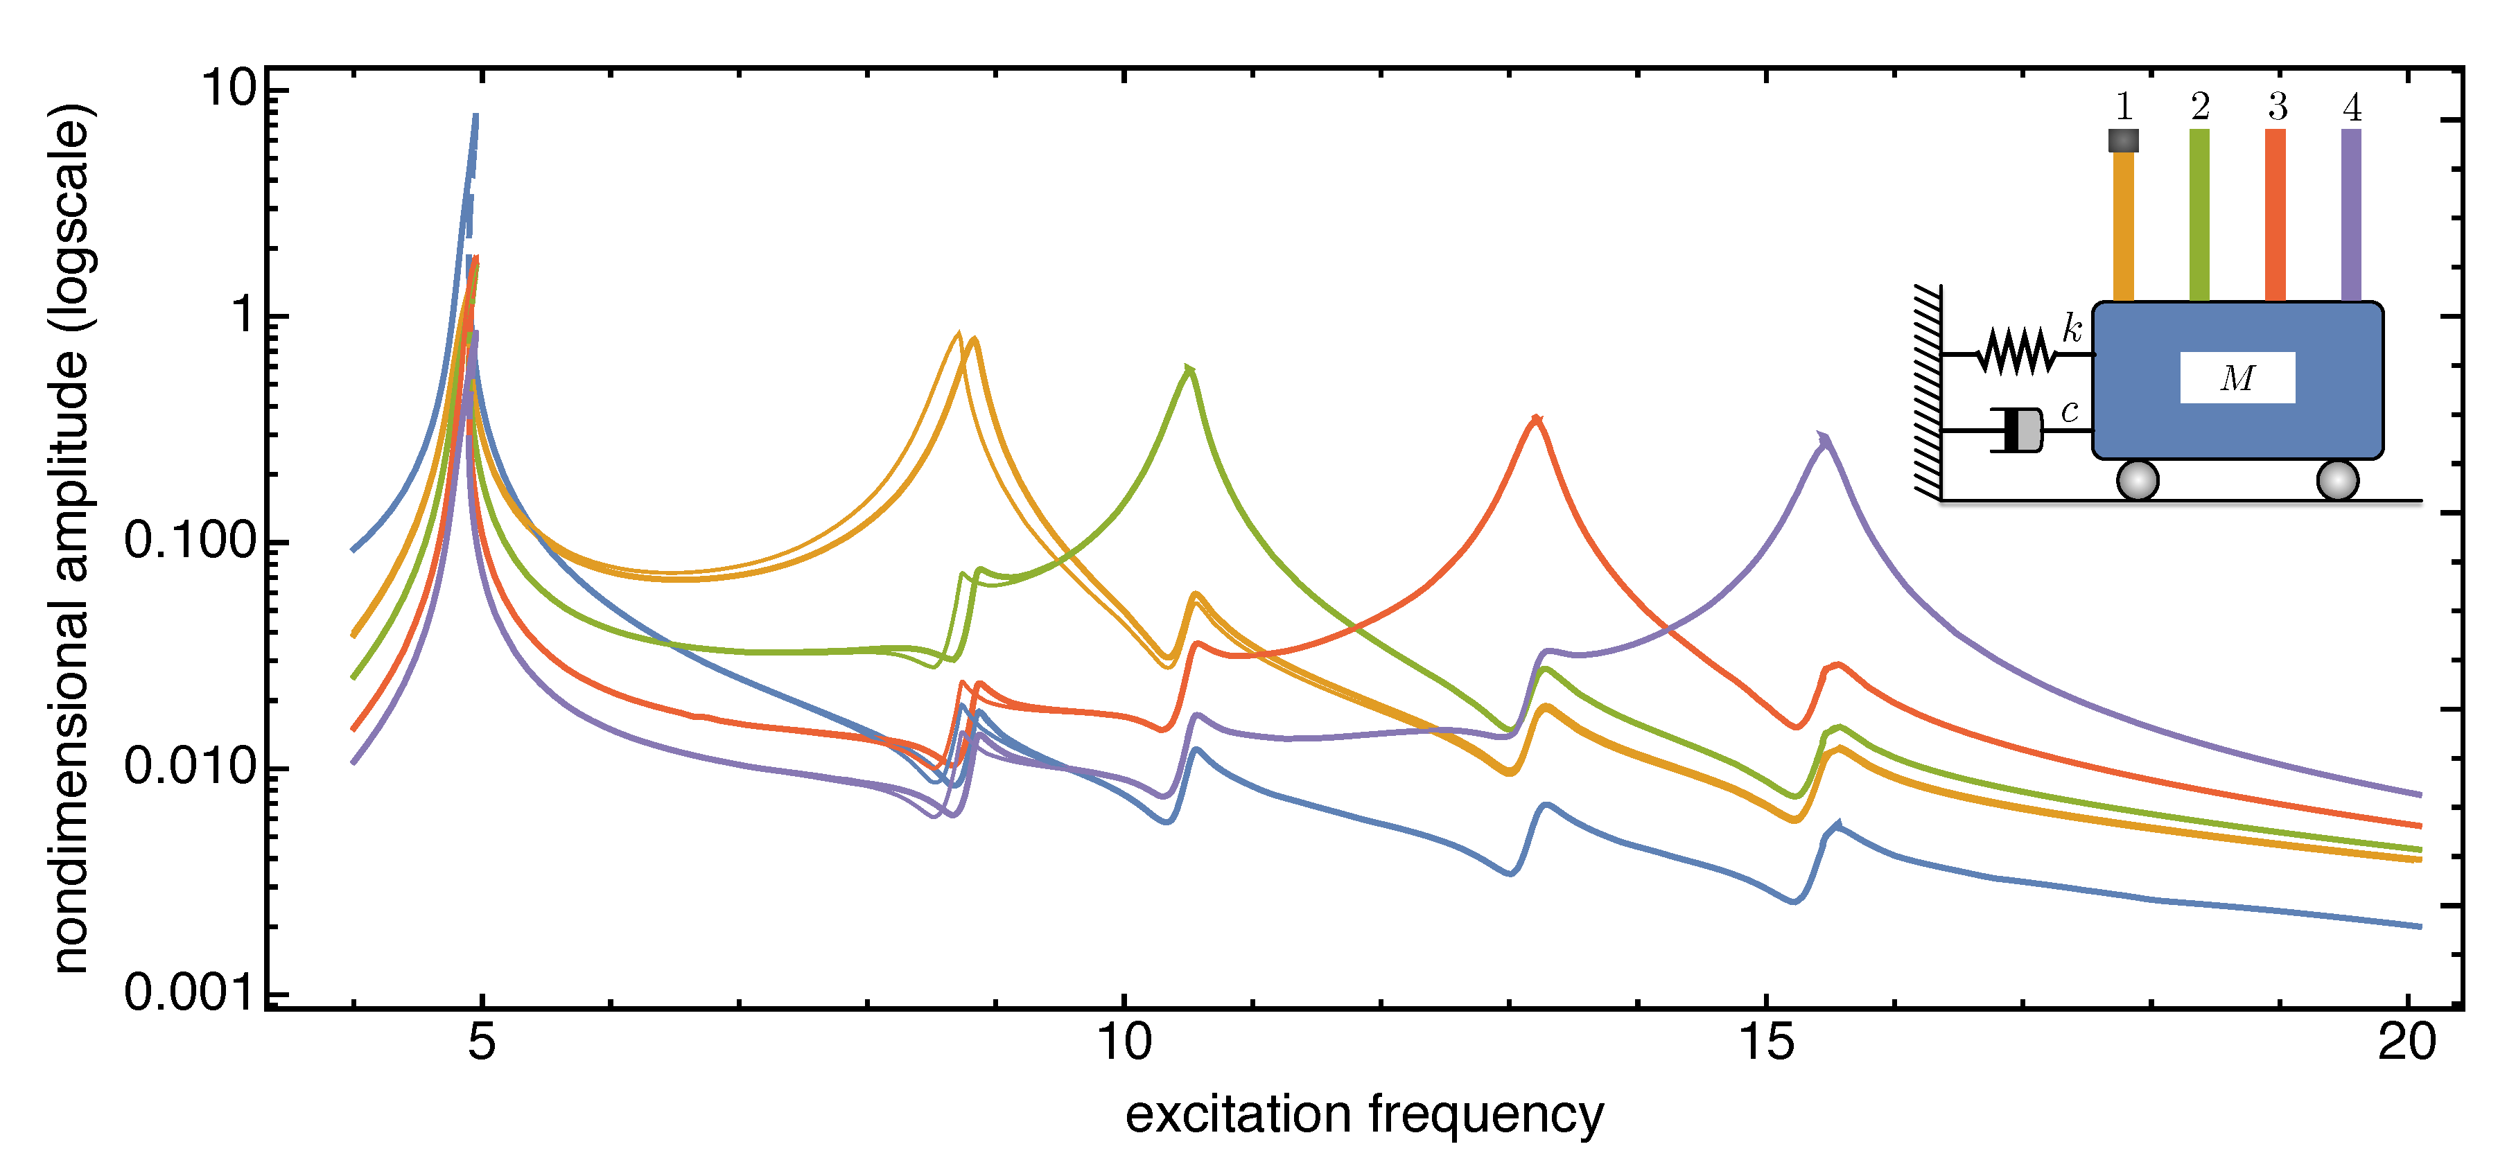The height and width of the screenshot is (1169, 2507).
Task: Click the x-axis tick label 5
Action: pos(481,1042)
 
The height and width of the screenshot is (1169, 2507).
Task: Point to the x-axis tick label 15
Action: pos(1765,1042)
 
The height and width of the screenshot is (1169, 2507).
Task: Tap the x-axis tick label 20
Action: pos(2406,1042)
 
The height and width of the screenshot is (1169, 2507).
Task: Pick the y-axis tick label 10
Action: pos(228,89)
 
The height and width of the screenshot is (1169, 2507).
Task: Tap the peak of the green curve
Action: pos(1188,370)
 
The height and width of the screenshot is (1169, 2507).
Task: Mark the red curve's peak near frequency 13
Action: pos(1536,419)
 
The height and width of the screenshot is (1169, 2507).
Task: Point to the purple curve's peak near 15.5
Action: pos(1824,439)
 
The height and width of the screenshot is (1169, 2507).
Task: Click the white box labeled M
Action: pos(2237,378)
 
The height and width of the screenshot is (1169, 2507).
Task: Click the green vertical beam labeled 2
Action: pos(2199,214)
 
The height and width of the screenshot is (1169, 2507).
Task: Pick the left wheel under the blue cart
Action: pos(2137,480)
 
